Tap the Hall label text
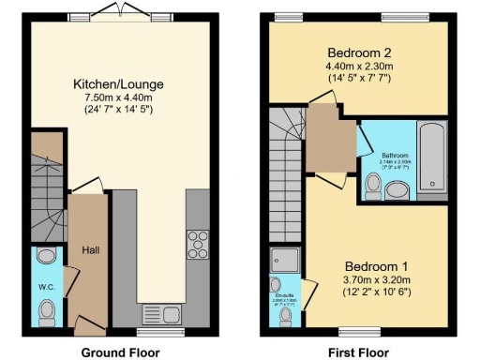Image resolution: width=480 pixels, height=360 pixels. [91, 250]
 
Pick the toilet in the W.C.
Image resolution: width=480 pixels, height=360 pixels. [45, 308]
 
